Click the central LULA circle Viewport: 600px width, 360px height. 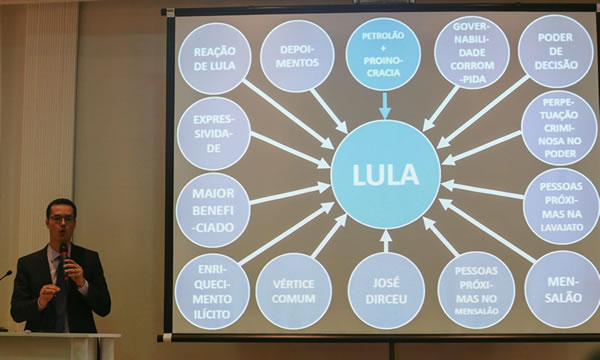(x=385, y=175)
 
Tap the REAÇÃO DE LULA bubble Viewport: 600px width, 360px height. (x=214, y=58)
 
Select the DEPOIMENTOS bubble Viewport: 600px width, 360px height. (x=297, y=56)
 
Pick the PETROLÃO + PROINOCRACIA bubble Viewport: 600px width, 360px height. (x=383, y=54)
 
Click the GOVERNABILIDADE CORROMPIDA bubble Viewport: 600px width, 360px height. (x=471, y=52)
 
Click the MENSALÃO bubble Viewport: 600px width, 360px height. (x=562, y=289)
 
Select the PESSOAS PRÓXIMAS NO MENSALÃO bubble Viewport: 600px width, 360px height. (x=476, y=290)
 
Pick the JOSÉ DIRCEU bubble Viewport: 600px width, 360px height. (x=386, y=291)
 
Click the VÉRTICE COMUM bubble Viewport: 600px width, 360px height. (x=293, y=291)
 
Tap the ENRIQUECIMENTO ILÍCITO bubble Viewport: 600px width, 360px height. (x=212, y=291)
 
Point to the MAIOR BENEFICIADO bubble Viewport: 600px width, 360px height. (x=212, y=210)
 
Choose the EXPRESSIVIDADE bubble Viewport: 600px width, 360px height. (x=213, y=133)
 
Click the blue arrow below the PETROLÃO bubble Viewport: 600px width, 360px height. (x=384, y=105)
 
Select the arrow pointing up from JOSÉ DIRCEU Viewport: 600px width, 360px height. (x=386, y=240)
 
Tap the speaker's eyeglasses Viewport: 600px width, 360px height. (x=62, y=218)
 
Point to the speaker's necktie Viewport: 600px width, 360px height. (x=62, y=295)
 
